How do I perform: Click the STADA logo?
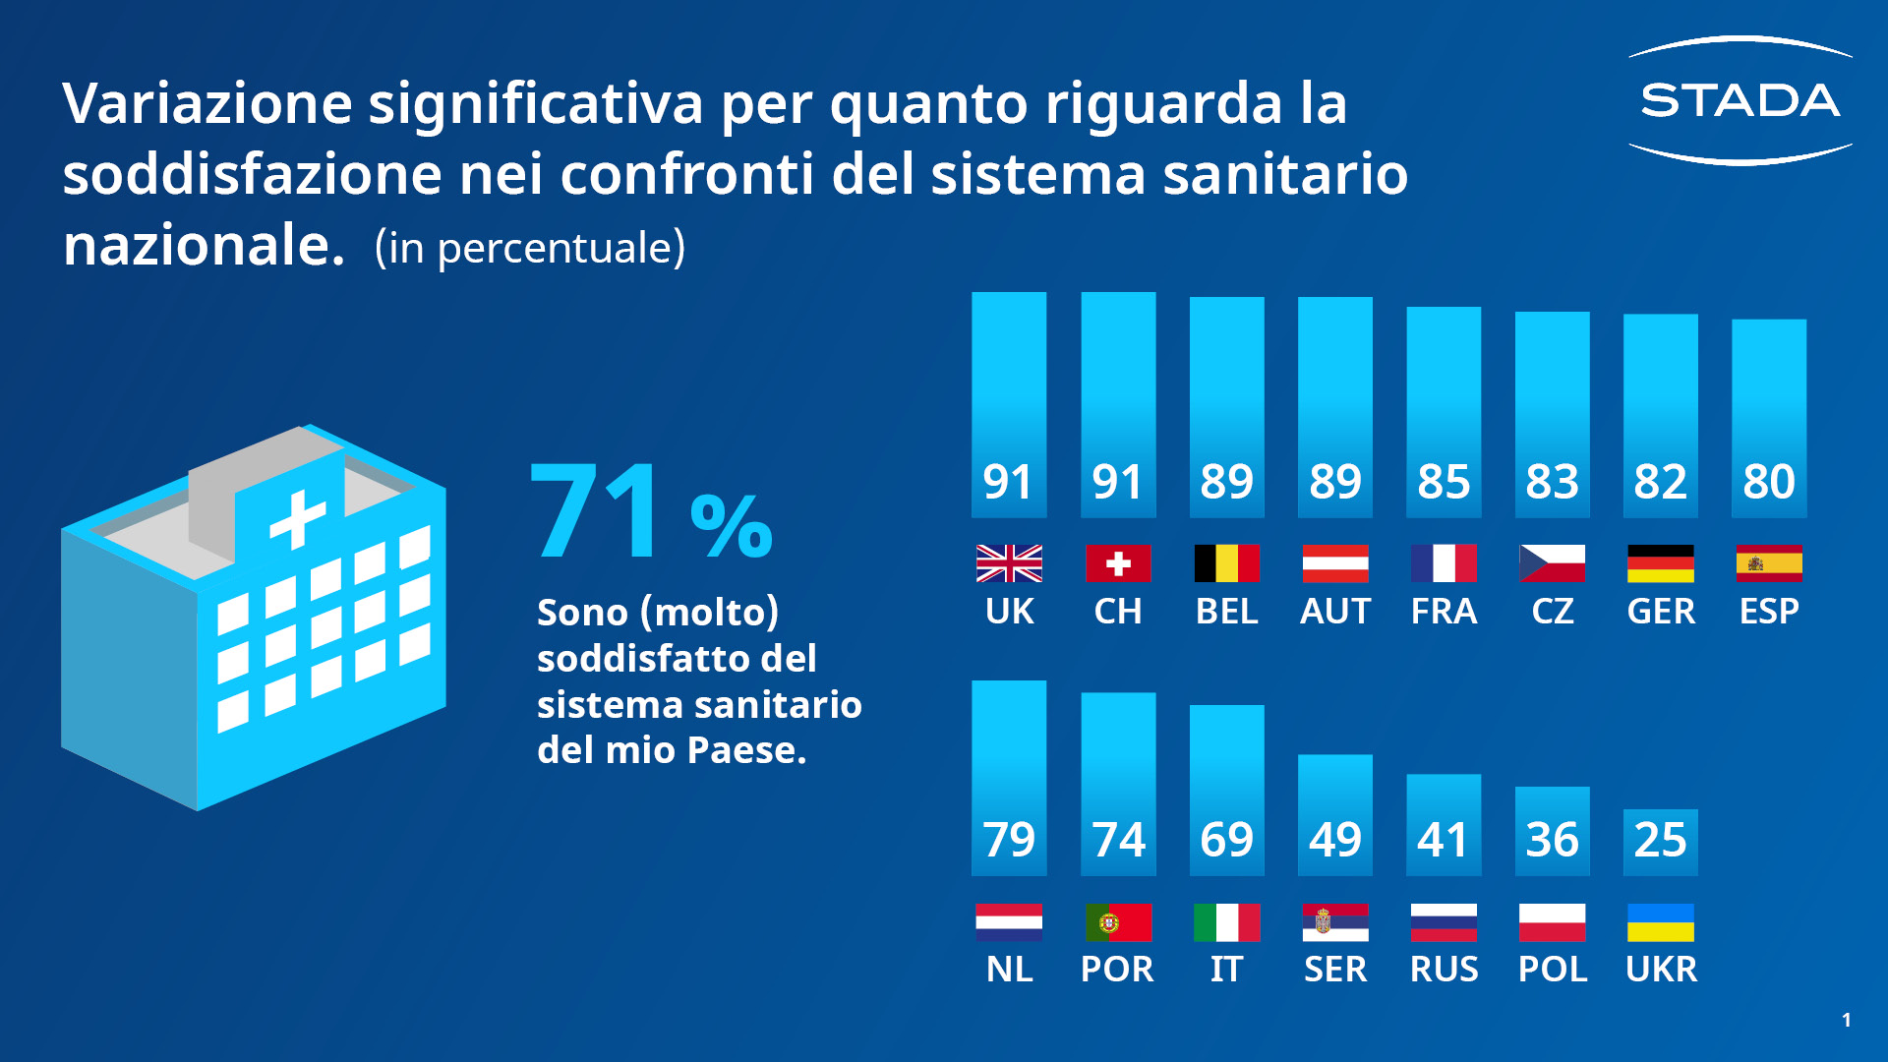(x=1740, y=100)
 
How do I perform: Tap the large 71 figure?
(x=595, y=511)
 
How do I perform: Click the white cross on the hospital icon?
(x=297, y=518)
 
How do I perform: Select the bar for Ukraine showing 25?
(x=1660, y=841)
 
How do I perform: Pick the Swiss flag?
(x=1118, y=563)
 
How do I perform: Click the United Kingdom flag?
(x=1009, y=563)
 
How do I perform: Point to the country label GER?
(x=1661, y=612)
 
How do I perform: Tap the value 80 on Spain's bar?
(x=1769, y=482)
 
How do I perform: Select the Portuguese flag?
(x=1118, y=922)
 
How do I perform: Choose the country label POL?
(x=1553, y=970)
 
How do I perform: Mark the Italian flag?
(x=1226, y=922)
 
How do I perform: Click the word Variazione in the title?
(x=207, y=103)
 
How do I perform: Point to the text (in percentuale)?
(x=530, y=248)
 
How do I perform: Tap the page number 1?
(x=1847, y=1020)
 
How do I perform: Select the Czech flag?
(x=1552, y=563)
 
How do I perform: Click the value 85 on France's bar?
(x=1444, y=482)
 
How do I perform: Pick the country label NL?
(x=1009, y=970)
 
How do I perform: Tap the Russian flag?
(x=1444, y=922)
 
